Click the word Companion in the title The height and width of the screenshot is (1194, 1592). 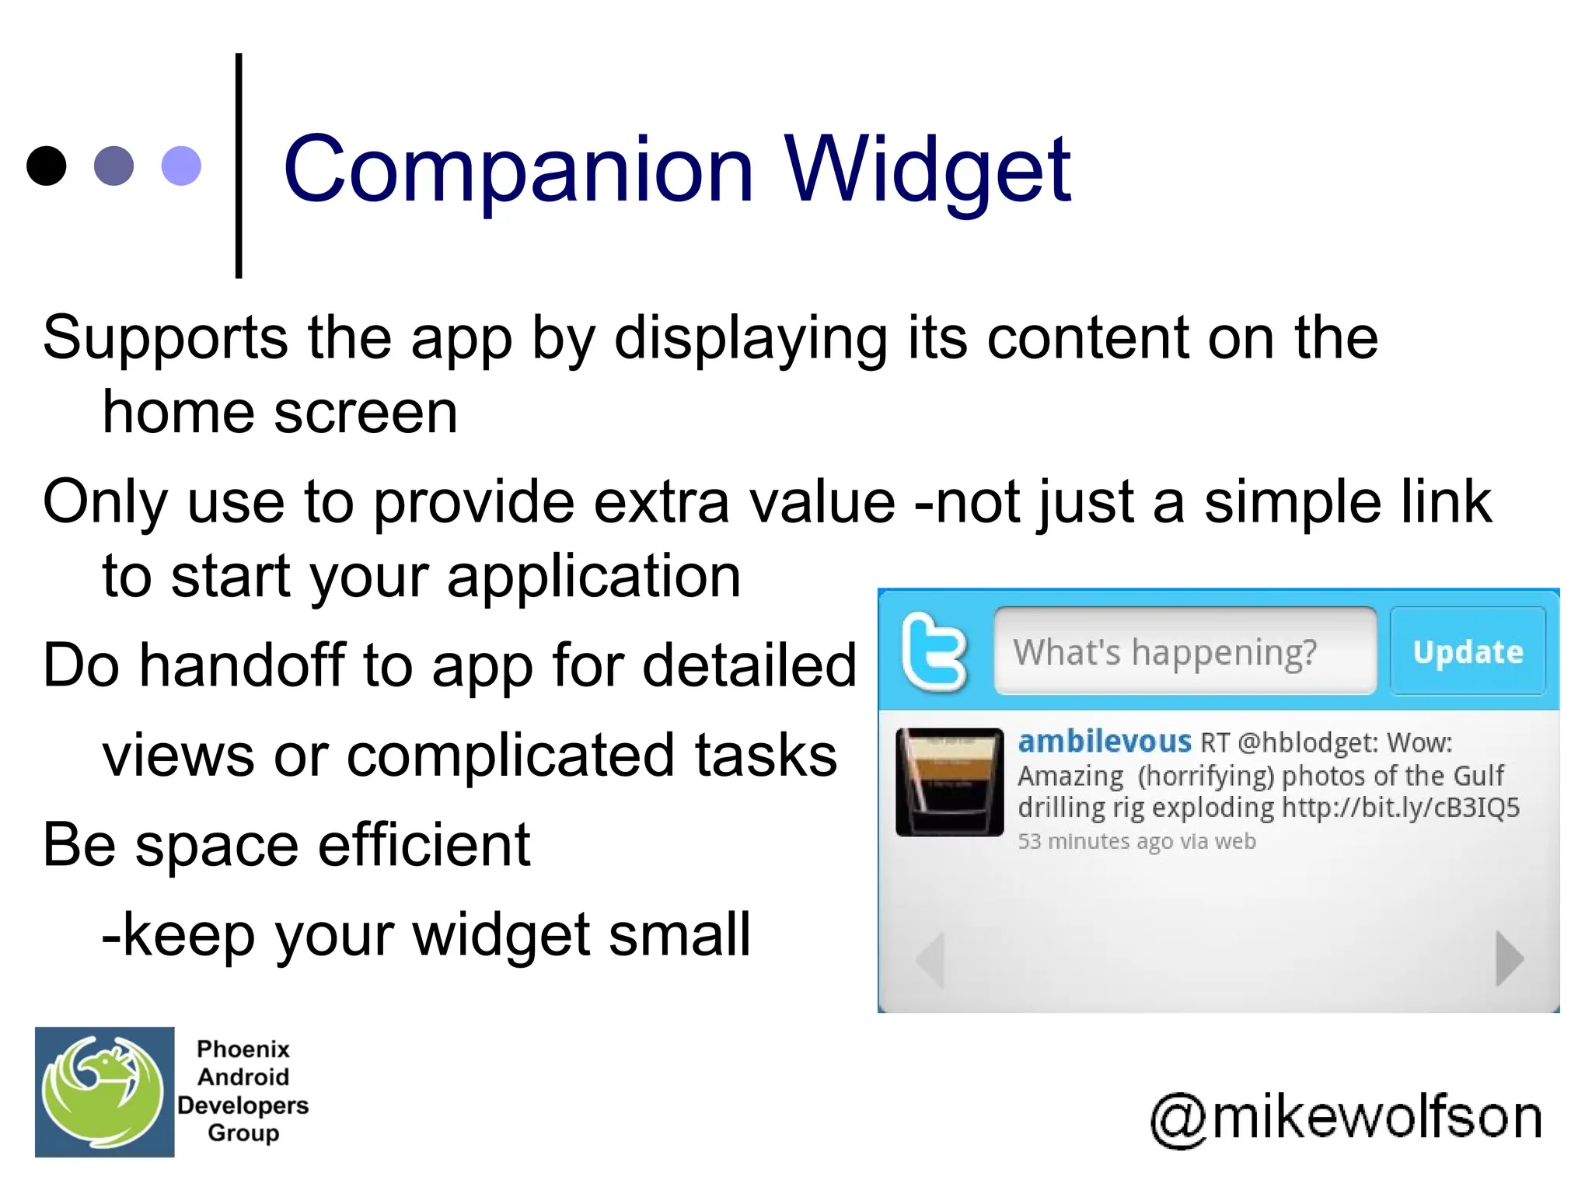click(518, 169)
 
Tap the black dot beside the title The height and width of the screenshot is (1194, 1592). click(46, 166)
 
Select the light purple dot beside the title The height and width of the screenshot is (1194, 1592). click(181, 166)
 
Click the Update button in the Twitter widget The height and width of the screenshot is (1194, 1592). click(1468, 651)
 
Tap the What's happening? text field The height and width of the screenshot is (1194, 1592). click(1184, 651)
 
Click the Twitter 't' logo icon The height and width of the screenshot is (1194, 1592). click(934, 651)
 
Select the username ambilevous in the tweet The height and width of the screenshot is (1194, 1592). click(1104, 742)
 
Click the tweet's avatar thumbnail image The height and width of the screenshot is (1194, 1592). click(949, 782)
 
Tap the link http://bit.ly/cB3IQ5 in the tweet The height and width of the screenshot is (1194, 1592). click(1400, 808)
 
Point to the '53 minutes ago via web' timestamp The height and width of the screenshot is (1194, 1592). click(1136, 841)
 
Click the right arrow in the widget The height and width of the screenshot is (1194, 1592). click(1508, 959)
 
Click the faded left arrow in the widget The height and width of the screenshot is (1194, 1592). click(931, 959)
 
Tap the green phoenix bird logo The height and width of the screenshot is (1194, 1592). click(103, 1091)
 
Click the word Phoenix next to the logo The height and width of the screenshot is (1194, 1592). click(243, 1049)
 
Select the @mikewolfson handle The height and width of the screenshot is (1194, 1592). click(1346, 1118)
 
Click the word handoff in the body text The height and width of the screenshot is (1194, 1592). click(242, 665)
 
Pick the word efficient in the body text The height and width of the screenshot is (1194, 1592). click(424, 845)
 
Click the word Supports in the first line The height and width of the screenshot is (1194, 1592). click(166, 338)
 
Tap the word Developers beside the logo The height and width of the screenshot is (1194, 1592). click(243, 1105)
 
